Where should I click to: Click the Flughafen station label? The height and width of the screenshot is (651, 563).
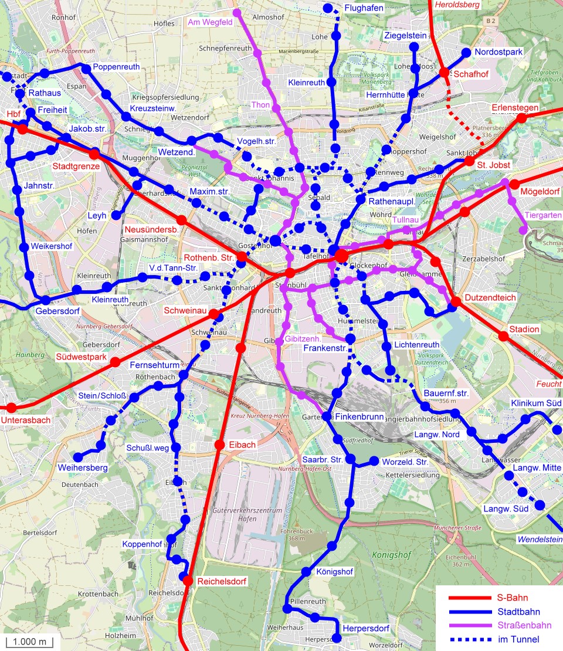pos(364,8)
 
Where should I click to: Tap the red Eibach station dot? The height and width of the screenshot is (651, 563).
pos(220,445)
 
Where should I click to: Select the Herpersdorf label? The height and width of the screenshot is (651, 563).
pos(366,629)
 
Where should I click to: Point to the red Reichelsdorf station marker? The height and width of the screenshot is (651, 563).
pos(188,581)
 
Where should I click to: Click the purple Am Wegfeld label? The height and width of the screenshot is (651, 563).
pos(210,22)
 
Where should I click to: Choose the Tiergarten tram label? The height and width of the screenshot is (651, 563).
pos(543,215)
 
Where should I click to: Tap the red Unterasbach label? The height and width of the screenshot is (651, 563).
pos(26,420)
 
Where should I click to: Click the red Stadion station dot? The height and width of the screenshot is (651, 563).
pos(503,336)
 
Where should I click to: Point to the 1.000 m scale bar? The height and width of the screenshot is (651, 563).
pos(29,642)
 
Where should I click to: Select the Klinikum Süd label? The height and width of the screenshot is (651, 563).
pos(536,404)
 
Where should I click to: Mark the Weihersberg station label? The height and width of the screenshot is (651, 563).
pos(83,468)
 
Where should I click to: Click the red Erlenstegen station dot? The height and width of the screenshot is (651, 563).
pos(521,118)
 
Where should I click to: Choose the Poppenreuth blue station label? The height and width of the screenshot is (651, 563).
pos(116,67)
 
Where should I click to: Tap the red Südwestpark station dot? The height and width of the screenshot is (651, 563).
pos(116,362)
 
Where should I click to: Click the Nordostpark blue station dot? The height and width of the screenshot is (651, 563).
pos(466,52)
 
